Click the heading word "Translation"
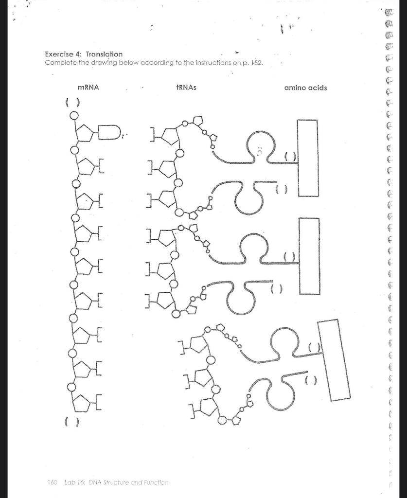point(104,54)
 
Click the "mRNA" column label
point(88,88)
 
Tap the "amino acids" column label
point(306,88)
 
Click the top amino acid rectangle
point(308,158)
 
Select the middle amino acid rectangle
point(309,256)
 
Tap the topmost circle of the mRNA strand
point(73,115)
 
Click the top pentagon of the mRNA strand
point(86,133)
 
